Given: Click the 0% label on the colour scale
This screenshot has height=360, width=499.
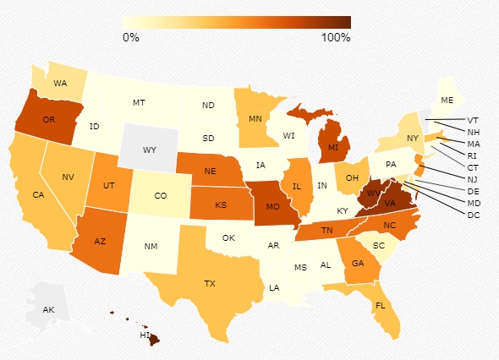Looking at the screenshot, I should [x=131, y=37].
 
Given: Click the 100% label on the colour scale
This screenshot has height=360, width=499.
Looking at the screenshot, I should [x=336, y=37].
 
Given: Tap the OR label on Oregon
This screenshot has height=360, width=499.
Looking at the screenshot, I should [x=49, y=120].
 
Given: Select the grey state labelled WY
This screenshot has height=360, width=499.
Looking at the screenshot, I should [x=150, y=150].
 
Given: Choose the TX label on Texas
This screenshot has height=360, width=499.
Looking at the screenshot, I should [x=210, y=283].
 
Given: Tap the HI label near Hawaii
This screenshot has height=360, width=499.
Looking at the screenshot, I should [x=145, y=335].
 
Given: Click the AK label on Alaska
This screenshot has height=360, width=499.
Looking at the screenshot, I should [x=49, y=310].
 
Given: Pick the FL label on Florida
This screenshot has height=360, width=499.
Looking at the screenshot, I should [x=381, y=305].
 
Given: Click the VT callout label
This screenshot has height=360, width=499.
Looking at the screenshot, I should [x=473, y=120].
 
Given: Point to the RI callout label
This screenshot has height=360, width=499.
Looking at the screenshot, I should [x=473, y=155].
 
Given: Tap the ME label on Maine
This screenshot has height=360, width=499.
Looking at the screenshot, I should [x=447, y=101].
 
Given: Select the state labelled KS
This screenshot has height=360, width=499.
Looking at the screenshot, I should [x=220, y=205].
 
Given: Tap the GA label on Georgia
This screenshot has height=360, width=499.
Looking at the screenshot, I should [x=359, y=263].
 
